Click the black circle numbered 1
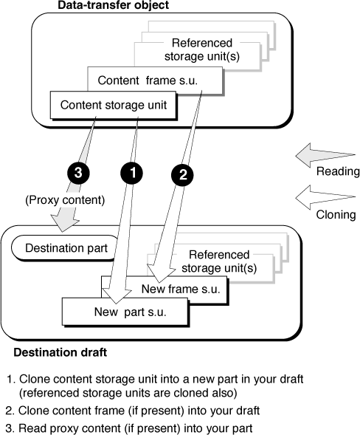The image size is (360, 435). [132, 173]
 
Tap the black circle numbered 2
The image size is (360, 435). [183, 175]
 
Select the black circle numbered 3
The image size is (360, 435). [78, 173]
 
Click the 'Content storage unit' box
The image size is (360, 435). [114, 106]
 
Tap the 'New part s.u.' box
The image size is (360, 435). [125, 312]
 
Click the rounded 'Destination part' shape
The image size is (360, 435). [66, 248]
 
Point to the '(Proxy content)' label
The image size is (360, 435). [65, 200]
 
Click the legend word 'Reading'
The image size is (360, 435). [338, 171]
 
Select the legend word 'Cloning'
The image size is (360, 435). [336, 215]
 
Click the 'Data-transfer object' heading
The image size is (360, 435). [113, 5]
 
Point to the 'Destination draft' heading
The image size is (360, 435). [60, 352]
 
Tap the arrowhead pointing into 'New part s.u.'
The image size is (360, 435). [117, 295]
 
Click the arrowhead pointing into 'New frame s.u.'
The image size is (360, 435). [160, 273]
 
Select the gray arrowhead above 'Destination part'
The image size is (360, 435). [64, 223]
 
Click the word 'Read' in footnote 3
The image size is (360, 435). [32, 428]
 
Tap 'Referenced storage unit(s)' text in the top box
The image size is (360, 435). [201, 49]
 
